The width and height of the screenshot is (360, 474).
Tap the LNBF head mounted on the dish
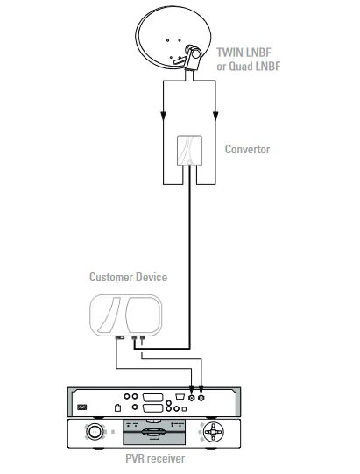(193, 58)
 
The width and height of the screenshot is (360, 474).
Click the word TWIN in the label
(229, 53)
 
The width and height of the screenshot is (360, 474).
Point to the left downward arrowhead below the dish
(163, 116)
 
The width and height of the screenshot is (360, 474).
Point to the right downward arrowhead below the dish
(215, 116)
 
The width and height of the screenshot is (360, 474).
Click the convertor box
(189, 150)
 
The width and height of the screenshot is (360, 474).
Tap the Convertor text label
(247, 149)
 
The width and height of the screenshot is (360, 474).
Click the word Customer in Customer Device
(111, 277)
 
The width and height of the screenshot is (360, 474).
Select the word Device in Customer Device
(152, 277)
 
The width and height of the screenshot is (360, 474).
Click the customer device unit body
(125, 315)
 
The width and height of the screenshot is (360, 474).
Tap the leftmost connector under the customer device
(121, 337)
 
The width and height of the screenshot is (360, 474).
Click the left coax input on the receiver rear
(191, 398)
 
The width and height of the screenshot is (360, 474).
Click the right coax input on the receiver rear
(201, 398)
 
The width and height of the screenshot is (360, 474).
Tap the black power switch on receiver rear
(82, 407)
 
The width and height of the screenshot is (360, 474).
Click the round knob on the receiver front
(95, 432)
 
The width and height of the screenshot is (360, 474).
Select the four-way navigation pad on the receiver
(213, 432)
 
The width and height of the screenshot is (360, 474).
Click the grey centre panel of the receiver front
(154, 432)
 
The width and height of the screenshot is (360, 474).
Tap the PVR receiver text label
(155, 458)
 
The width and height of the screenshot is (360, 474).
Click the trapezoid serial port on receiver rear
(180, 396)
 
